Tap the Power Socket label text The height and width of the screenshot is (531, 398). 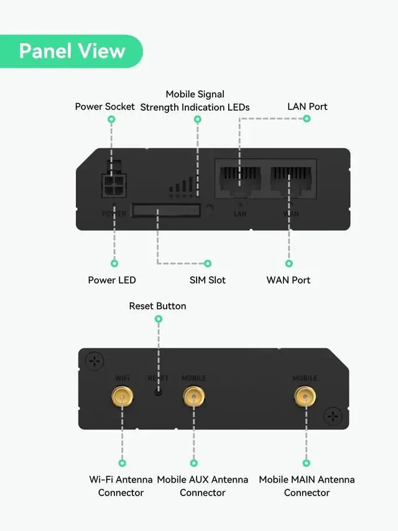(x=104, y=106)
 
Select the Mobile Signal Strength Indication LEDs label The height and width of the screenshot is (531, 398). (x=195, y=101)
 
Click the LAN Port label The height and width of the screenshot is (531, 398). (x=307, y=106)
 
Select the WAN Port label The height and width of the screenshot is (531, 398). (x=289, y=280)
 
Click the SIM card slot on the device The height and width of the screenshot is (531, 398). (x=165, y=210)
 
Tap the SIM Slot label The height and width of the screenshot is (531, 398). (x=208, y=280)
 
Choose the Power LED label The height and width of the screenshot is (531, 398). (x=112, y=280)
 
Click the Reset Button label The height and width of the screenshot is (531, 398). (x=157, y=306)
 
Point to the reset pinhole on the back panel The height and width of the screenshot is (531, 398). (x=159, y=392)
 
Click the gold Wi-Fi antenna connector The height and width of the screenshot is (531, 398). (x=122, y=395)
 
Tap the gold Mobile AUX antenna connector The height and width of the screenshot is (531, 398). (x=194, y=395)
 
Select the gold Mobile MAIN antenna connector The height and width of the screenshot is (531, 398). (x=305, y=395)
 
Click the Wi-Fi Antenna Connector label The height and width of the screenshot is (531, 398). (x=121, y=486)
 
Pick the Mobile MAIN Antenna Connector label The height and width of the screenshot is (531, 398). (x=307, y=486)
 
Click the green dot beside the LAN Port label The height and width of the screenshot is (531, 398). (x=307, y=118)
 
